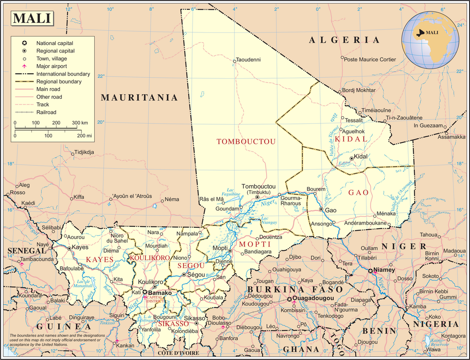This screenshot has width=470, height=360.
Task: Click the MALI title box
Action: pos(32,18)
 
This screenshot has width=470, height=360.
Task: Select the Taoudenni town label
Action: pos(248,60)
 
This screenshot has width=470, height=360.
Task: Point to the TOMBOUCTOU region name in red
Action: pos(246,141)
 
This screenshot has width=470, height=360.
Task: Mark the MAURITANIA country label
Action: pos(140,97)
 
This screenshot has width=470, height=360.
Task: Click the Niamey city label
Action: pos(387,270)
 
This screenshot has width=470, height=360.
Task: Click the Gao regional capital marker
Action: pos(321,210)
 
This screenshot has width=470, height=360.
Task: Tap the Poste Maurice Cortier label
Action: pos(370,60)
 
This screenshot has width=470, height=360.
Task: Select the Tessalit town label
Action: pos(354,120)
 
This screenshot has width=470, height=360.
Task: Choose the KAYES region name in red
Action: pos(99,259)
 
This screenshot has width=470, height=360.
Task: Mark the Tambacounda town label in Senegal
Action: pos(37,259)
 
